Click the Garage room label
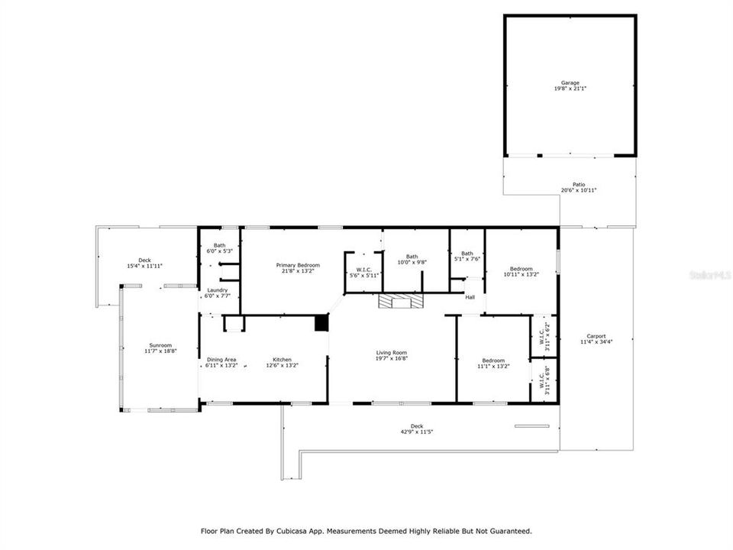(x=570, y=82)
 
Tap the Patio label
(x=578, y=184)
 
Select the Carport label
(x=596, y=336)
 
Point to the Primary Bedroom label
(x=298, y=265)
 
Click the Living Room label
(x=391, y=353)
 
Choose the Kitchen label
(x=283, y=359)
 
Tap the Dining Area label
(x=221, y=359)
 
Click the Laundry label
(x=218, y=290)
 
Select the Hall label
(x=470, y=297)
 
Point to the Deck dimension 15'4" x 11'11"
(x=144, y=266)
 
